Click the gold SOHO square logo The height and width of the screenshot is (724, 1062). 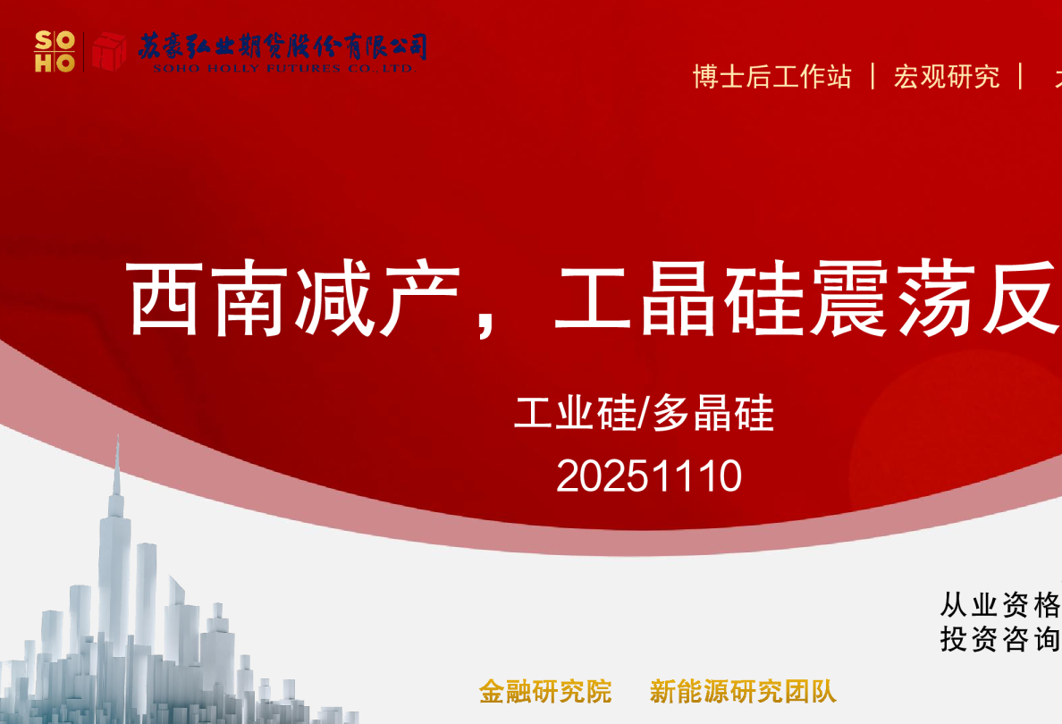(x=54, y=51)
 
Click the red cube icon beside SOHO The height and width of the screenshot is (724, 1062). (x=108, y=51)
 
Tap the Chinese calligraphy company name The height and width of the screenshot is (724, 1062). (x=282, y=45)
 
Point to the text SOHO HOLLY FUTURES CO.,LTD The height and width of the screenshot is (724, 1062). (x=282, y=68)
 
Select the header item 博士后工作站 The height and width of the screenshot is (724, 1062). (x=771, y=77)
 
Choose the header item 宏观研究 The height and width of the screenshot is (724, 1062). (x=947, y=77)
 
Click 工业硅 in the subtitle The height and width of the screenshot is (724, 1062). (x=573, y=414)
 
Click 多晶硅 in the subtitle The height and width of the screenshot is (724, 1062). (x=712, y=414)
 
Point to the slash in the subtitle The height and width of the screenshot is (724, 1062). (x=642, y=414)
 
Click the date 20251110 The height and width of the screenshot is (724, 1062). (x=649, y=476)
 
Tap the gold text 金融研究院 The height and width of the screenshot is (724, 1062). (x=545, y=691)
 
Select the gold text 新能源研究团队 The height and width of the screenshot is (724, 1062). (x=743, y=691)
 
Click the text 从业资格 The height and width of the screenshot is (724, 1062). (x=999, y=605)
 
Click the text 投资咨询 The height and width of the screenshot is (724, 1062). (x=999, y=639)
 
